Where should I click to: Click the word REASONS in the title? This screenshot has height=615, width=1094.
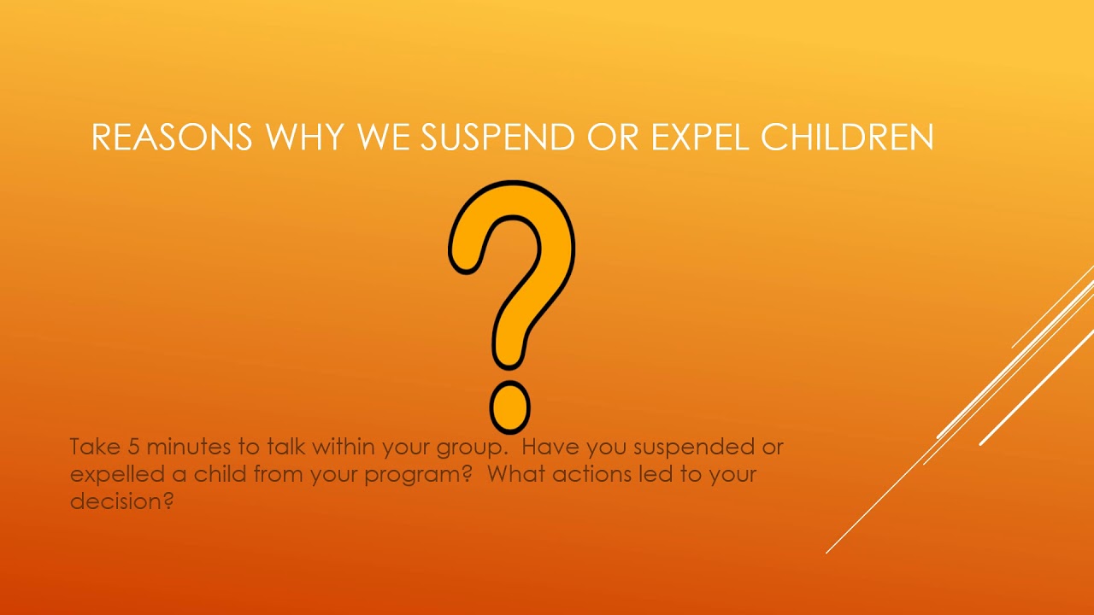[172, 138]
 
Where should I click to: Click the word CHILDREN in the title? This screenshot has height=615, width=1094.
[849, 138]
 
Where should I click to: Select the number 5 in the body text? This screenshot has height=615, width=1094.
[133, 447]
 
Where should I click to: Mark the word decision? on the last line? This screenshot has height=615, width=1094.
[122, 501]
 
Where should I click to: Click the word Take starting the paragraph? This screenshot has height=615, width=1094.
[95, 447]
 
